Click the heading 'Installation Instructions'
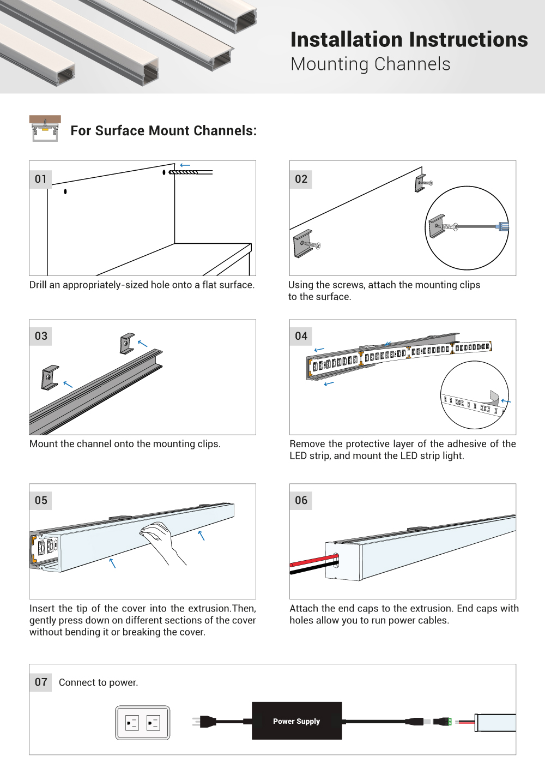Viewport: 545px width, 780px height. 409,40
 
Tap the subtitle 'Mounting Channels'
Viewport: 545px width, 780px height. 371,64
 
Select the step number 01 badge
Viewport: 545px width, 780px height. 41,179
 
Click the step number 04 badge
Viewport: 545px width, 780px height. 301,336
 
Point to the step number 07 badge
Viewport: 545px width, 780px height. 41,682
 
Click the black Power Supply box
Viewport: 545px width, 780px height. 296,721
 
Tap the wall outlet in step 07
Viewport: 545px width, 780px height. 143,723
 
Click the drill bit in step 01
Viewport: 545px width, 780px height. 185,172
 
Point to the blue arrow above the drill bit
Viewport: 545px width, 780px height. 185,165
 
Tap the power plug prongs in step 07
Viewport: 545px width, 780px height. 196,722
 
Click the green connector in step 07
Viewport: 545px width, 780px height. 449,722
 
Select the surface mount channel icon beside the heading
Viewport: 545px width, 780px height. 45,129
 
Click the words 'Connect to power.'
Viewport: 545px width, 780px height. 98,682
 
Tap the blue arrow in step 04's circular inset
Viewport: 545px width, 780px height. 506,401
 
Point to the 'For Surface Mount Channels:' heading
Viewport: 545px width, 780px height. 163,131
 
